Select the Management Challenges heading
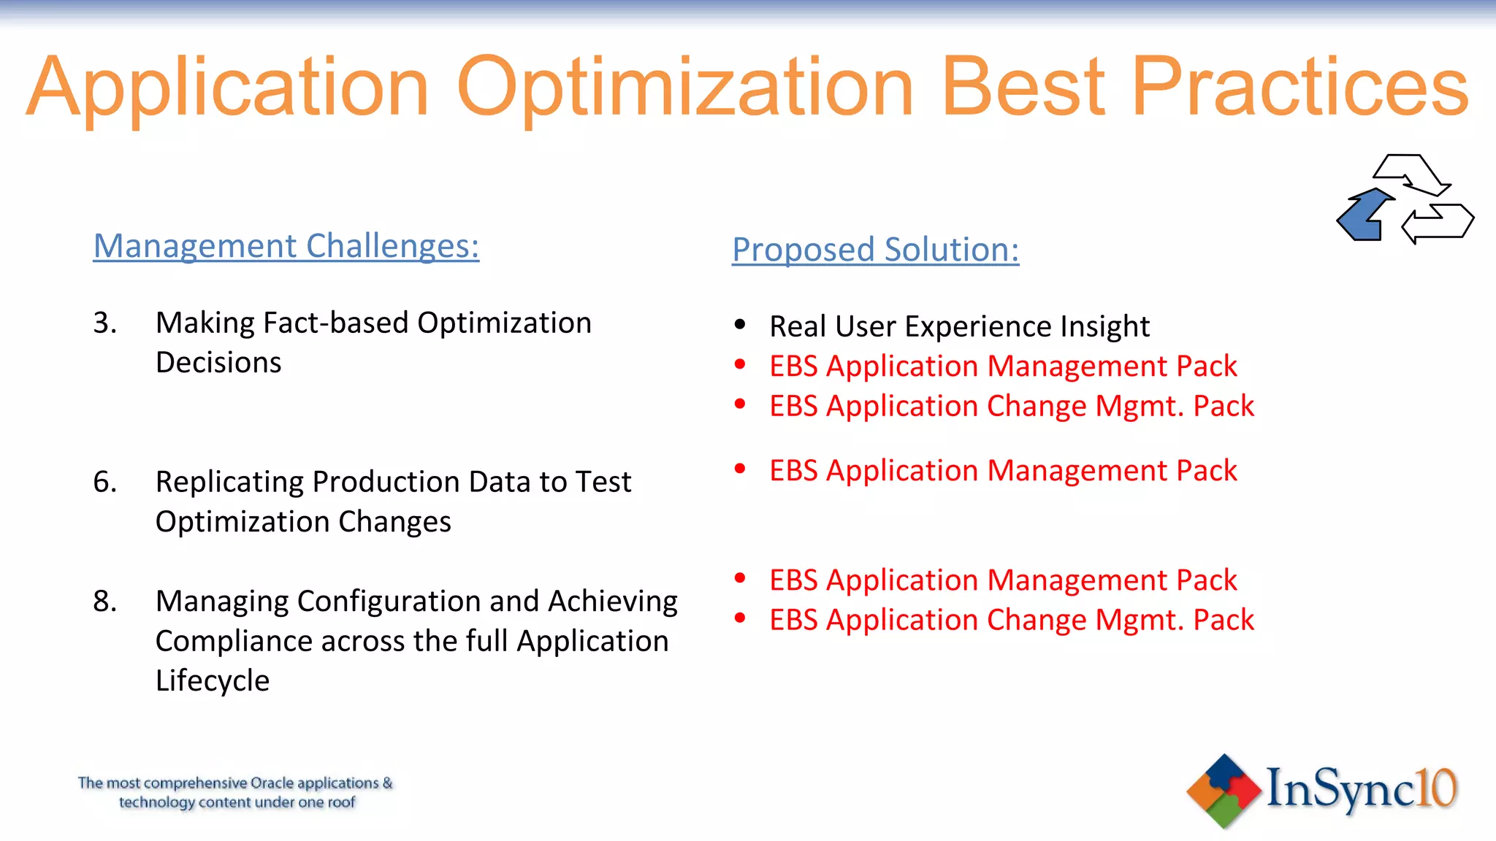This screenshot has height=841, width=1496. (x=286, y=246)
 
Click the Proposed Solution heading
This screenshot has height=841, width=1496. (x=875, y=250)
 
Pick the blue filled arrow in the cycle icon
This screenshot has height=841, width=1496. (x=1363, y=216)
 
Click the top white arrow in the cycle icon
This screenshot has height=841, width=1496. (x=1410, y=174)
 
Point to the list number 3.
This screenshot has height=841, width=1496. (x=104, y=323)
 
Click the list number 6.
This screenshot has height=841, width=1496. (x=104, y=482)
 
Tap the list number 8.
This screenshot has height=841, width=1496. (x=104, y=602)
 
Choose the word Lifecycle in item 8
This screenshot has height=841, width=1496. (x=213, y=680)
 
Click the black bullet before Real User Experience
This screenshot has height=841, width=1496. (x=740, y=324)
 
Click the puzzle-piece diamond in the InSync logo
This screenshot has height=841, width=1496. (x=1224, y=791)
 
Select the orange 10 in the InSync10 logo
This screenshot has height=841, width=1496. (x=1435, y=788)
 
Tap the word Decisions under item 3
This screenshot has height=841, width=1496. (x=218, y=363)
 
